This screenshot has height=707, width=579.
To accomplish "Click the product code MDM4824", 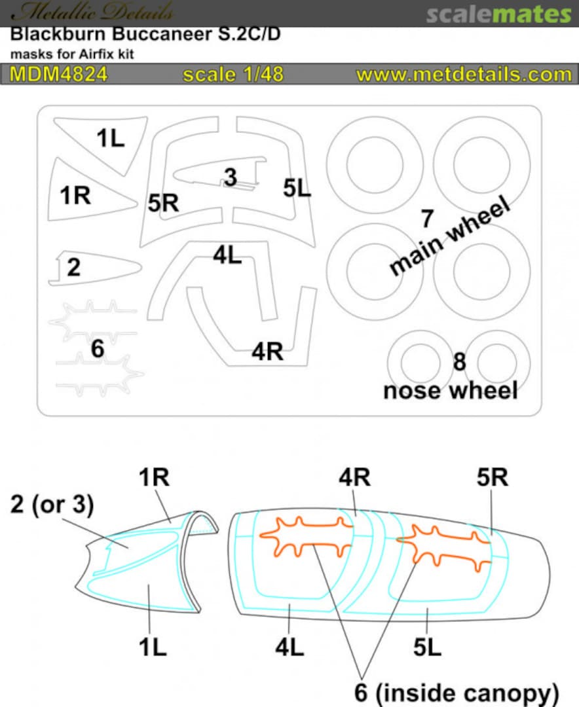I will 58,74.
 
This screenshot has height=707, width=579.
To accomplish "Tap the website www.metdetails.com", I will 464,74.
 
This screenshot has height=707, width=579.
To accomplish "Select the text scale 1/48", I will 233,74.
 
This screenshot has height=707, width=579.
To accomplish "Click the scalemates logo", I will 498,14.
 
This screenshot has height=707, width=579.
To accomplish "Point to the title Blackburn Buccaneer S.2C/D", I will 145,35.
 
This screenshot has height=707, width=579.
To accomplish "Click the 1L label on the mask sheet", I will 111,138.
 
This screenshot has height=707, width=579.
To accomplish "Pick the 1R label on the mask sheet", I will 76,194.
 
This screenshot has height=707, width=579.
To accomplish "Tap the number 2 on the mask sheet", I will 74,267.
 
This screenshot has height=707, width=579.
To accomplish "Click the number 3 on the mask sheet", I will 229,177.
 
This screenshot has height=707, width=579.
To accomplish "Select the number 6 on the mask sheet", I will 98,349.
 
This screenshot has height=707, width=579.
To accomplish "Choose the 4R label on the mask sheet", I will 267,352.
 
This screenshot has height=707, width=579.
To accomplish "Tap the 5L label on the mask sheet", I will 297,189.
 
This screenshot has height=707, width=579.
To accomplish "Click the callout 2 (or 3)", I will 52,505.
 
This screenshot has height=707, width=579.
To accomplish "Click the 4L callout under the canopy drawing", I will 289,647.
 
